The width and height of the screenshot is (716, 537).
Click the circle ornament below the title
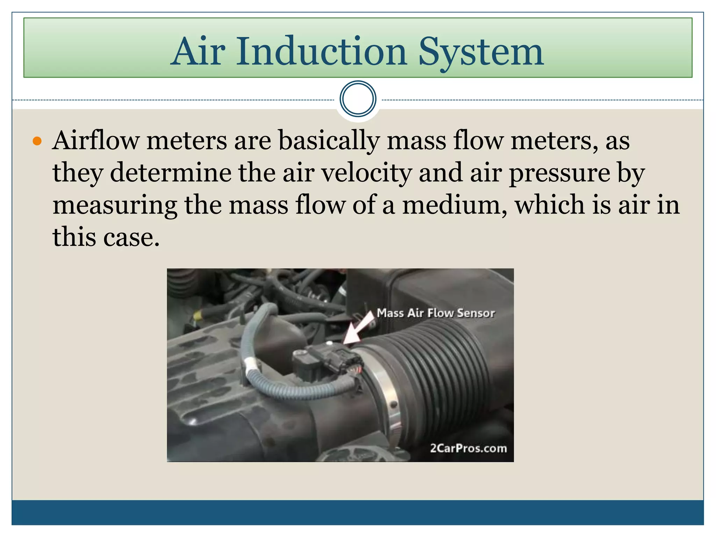click(358, 99)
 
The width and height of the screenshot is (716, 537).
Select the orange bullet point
click(37, 141)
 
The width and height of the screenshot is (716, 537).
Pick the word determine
click(171, 173)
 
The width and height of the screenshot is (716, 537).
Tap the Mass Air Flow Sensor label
click(436, 313)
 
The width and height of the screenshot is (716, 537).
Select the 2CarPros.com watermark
click(468, 448)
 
